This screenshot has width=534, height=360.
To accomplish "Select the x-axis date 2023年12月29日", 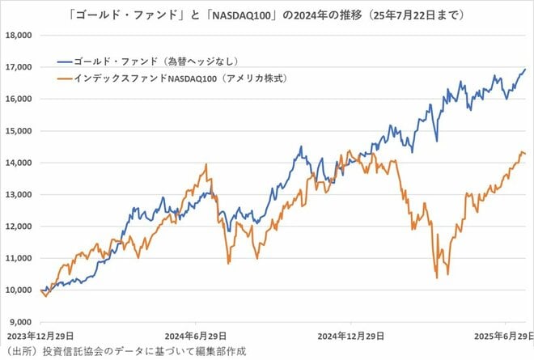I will pos(40,335).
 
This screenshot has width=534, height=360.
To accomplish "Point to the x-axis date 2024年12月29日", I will pos(350,335).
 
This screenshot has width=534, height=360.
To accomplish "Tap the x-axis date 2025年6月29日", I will pos(502,335).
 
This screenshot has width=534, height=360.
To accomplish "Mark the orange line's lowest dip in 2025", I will pos(437,277).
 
